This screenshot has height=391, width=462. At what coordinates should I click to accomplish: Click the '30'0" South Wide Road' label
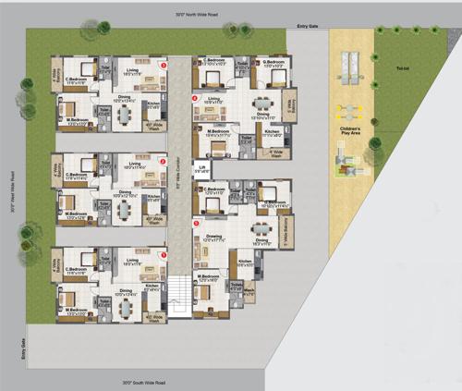144,381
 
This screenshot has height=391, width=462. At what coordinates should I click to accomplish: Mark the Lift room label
201,169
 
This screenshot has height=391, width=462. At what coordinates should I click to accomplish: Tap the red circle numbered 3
164,67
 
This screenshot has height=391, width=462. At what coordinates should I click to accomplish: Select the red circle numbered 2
164,162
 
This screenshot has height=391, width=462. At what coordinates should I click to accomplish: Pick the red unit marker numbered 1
164,256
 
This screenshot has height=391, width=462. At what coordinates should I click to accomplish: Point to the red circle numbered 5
195,222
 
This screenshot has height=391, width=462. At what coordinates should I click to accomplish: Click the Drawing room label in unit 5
214,238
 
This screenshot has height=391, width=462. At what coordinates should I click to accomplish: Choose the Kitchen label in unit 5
245,263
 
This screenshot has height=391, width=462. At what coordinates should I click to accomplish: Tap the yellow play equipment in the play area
351,109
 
